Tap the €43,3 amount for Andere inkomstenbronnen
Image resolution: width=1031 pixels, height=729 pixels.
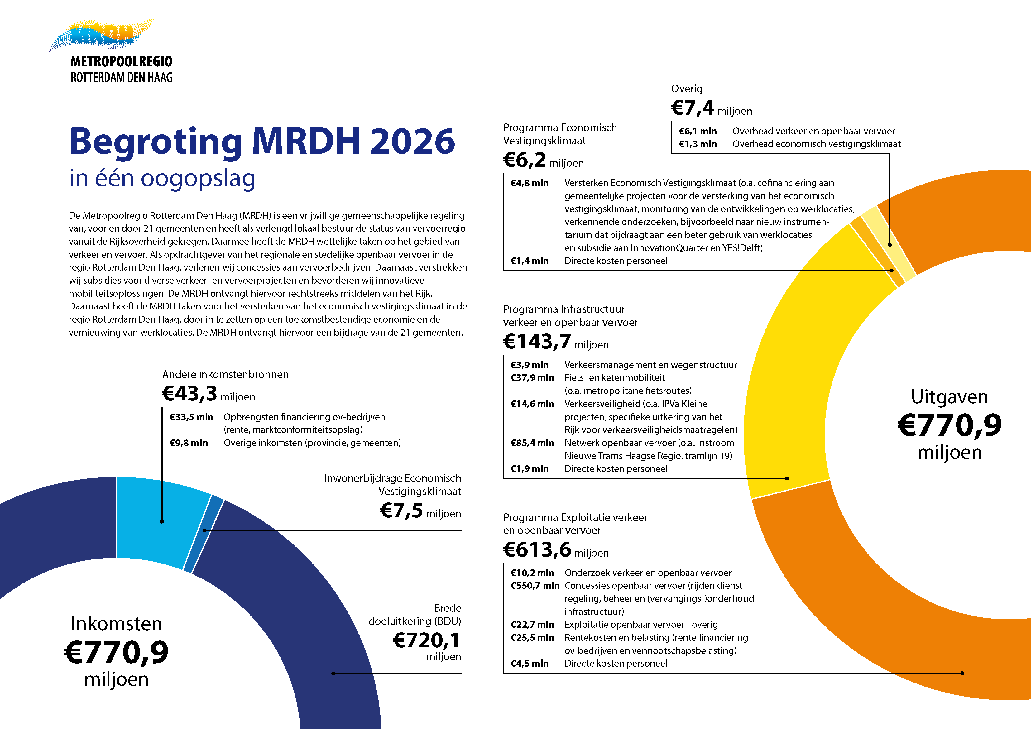click(x=189, y=394)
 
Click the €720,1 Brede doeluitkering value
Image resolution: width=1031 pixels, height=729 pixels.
click(x=427, y=640)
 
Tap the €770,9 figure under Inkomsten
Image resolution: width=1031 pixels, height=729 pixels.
click(x=116, y=652)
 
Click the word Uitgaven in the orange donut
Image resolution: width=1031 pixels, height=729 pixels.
click(x=949, y=397)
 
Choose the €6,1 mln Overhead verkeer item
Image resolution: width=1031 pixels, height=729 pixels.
click(x=698, y=131)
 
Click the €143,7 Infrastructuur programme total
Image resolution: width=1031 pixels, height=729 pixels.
click(x=537, y=342)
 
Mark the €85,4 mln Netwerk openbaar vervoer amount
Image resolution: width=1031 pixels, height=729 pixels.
click(x=532, y=443)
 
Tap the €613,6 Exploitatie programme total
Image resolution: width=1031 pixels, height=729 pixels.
click(x=537, y=550)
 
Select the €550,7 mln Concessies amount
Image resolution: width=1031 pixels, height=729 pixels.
click(x=535, y=586)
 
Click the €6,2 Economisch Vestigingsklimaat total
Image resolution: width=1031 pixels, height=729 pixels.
click(x=525, y=160)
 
